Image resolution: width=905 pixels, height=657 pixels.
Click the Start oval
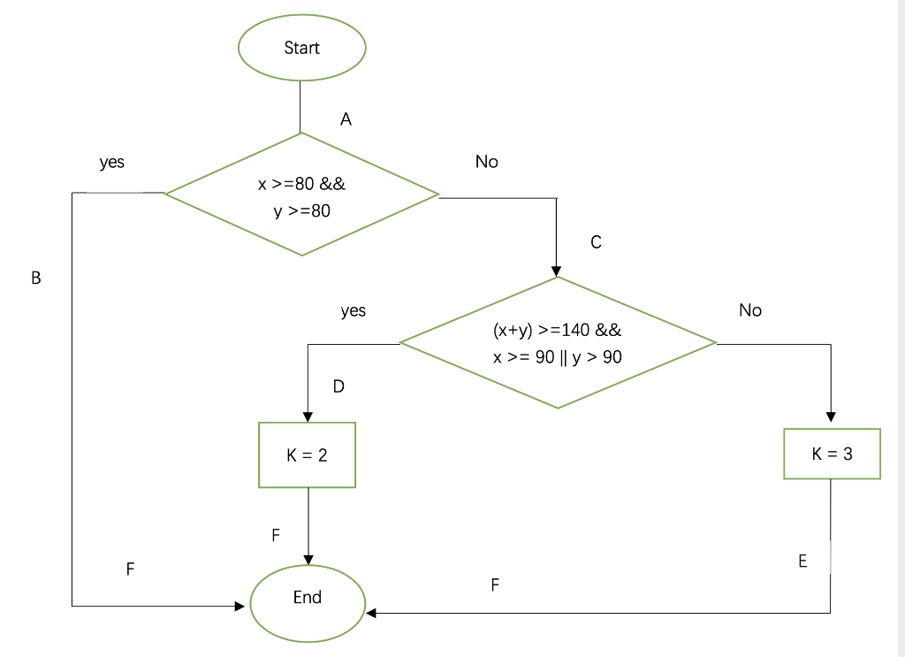pos(301,48)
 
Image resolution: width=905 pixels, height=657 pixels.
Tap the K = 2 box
pos(307,455)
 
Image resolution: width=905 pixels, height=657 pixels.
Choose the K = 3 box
pos(832,454)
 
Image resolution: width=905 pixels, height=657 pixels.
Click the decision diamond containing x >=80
pos(301,195)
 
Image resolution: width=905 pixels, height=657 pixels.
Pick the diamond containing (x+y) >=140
pos(558,343)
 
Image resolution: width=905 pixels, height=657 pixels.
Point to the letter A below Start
pos(346,119)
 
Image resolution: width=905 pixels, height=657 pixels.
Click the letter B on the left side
pos(36,278)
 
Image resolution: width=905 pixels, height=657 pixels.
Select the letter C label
pos(596,242)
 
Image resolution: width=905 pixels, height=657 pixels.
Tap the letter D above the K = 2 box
pos(338,386)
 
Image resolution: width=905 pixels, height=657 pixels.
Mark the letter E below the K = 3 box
pos(802,562)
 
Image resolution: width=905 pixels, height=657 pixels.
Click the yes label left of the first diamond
pos(112,163)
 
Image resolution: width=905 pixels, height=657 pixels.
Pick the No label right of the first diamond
pos(486,162)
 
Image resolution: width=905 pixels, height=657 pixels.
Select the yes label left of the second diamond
pos(353,311)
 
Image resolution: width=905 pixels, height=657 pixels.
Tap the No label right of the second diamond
pos(750,310)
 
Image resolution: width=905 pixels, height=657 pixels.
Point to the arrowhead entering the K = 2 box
pos(307,416)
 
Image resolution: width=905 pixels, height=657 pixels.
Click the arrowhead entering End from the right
pos(371,612)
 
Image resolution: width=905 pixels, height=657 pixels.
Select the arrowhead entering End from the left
pos(240,607)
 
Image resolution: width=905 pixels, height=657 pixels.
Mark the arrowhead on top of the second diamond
pos(556,271)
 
